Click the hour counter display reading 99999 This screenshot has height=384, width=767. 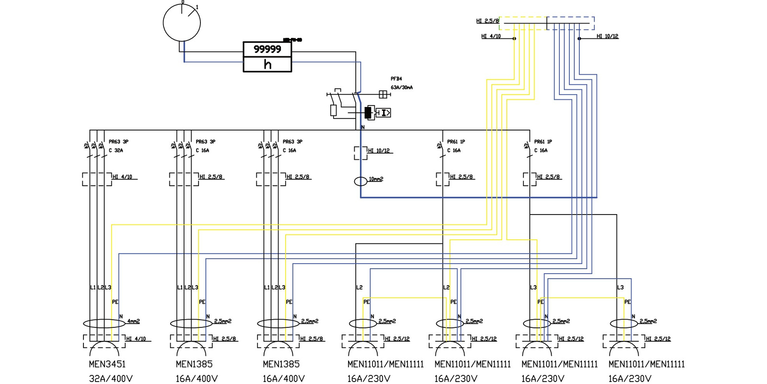[x=267, y=49]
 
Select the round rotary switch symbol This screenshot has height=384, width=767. [x=182, y=23]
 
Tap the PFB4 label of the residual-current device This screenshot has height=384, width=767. [x=396, y=79]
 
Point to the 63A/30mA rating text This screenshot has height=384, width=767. [x=401, y=87]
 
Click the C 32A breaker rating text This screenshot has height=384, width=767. [x=116, y=150]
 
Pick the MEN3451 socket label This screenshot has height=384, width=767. [x=107, y=364]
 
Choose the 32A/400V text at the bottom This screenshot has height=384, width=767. [x=110, y=379]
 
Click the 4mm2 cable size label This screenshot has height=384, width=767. [x=133, y=321]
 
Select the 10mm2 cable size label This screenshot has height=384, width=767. [x=376, y=179]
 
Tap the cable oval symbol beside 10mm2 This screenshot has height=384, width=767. [x=360, y=181]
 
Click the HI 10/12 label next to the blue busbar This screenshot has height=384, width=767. [x=607, y=36]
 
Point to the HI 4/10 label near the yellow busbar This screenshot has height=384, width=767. [x=491, y=36]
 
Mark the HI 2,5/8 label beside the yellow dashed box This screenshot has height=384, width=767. [x=487, y=21]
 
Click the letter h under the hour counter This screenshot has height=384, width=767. [x=267, y=64]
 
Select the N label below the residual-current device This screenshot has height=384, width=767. [x=363, y=127]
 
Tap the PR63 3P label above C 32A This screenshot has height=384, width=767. [x=118, y=142]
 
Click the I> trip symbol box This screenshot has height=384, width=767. [x=383, y=113]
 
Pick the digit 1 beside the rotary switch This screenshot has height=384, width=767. [x=197, y=7]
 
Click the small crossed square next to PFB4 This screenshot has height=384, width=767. [x=383, y=94]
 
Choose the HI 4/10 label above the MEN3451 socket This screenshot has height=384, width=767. [x=136, y=339]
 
